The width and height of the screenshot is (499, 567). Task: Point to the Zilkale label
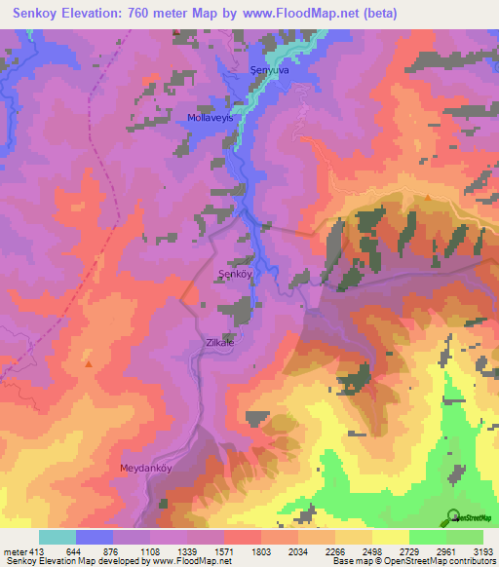[219, 343]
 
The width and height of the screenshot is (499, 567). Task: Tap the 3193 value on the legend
[484, 551]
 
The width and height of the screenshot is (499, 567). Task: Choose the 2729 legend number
[410, 551]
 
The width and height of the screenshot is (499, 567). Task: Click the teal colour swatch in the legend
[57, 537]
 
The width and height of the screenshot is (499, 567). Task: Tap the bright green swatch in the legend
[427, 537]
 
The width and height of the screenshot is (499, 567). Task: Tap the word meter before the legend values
[12, 551]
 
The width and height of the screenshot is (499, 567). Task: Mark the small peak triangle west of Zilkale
[89, 364]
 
